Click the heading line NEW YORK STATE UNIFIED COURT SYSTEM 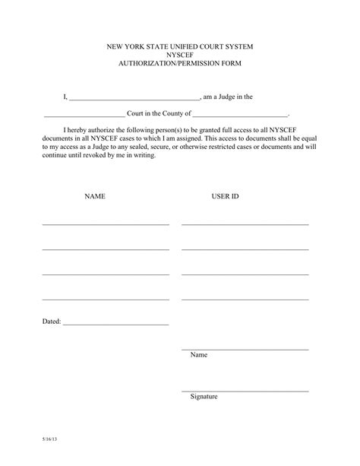point(180,47)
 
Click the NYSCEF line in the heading point(180,55)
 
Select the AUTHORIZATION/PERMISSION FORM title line point(180,65)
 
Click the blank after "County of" point(241,114)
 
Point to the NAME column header point(95,196)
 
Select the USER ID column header point(225,196)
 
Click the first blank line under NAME point(106,224)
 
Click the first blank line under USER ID point(245,224)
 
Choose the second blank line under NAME point(106,249)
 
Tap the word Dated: point(51,322)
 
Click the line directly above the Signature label point(245,391)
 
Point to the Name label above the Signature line point(198,355)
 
